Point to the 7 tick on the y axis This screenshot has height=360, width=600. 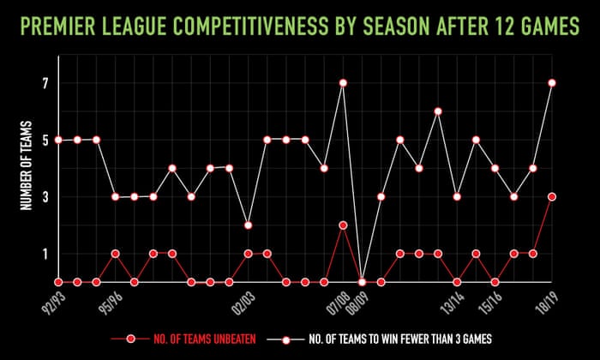click(46, 83)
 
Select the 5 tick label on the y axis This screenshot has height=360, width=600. click(46, 140)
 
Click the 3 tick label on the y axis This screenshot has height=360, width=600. click(46, 197)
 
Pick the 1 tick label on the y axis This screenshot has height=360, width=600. click(46, 254)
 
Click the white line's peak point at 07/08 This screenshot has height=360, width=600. click(343, 83)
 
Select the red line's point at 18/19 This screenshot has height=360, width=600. click(551, 196)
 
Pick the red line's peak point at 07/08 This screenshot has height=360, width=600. click(343, 225)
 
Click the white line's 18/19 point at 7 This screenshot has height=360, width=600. click(551, 83)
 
